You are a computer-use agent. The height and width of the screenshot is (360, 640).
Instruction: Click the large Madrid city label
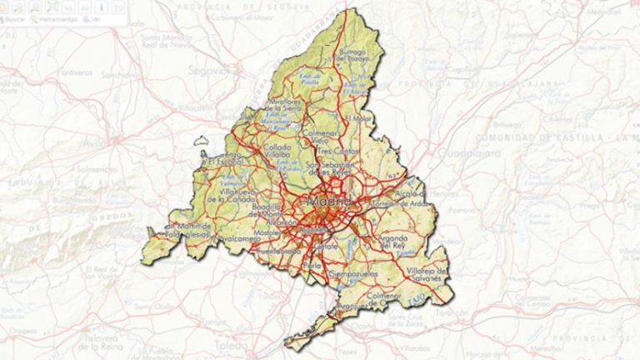[330, 202]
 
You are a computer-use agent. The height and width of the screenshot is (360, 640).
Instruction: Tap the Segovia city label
[207, 70]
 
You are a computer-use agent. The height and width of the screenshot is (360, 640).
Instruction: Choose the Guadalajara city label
[455, 154]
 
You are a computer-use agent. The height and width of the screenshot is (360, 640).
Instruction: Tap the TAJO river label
[415, 297]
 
